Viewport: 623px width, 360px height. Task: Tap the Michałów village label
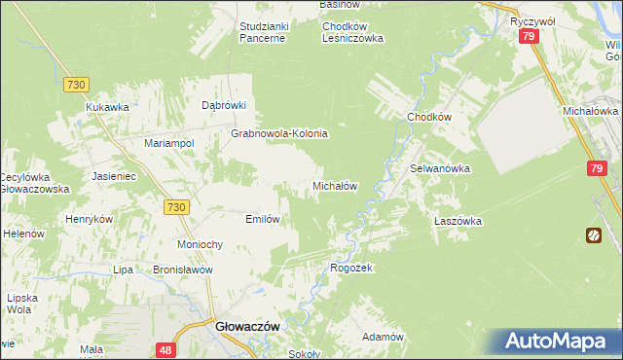(x=337, y=185)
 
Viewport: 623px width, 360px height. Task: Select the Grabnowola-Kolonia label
(x=279, y=133)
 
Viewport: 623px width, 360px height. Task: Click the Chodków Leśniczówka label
(x=353, y=32)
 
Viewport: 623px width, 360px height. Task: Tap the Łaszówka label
(x=458, y=221)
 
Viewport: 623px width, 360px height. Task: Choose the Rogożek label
(x=352, y=268)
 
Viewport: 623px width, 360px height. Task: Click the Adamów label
(x=383, y=336)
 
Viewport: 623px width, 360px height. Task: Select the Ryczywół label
(x=531, y=19)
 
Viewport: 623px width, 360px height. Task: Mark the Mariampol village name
(x=169, y=143)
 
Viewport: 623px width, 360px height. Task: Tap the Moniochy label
(x=202, y=243)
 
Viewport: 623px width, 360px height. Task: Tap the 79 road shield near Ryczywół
(x=529, y=37)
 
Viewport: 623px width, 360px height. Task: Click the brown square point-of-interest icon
(x=593, y=234)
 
